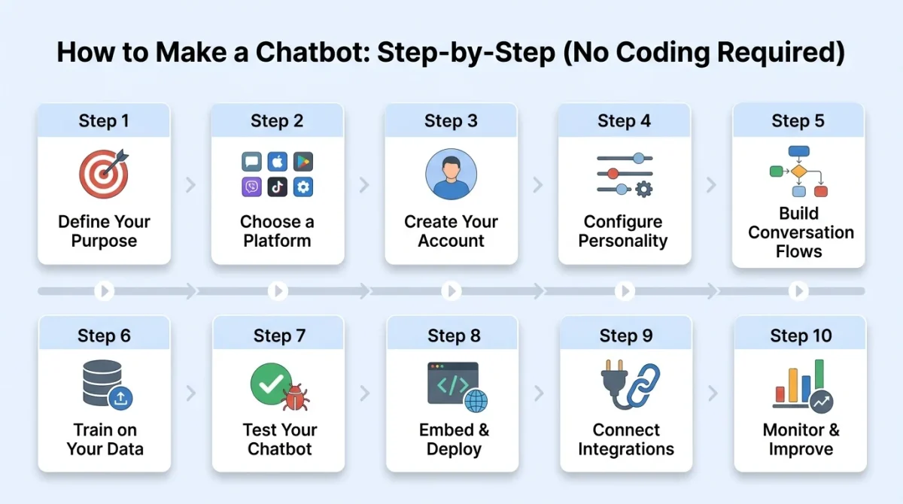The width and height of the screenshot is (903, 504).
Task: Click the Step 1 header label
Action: click(x=104, y=121)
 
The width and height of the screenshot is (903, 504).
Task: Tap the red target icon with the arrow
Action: click(x=103, y=172)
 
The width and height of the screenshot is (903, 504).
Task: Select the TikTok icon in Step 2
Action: click(x=278, y=187)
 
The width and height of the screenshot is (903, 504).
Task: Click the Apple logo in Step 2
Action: click(x=278, y=162)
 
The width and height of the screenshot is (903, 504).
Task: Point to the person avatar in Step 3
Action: click(x=451, y=174)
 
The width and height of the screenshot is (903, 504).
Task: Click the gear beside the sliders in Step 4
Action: click(x=644, y=189)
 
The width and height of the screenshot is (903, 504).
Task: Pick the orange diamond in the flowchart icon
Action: click(x=798, y=172)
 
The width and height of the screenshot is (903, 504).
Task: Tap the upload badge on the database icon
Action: click(x=120, y=399)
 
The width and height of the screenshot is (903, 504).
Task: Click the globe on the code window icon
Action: click(x=476, y=400)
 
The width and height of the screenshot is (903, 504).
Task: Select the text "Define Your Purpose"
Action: click(x=104, y=231)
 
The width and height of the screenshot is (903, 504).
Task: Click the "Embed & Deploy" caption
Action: click(x=454, y=439)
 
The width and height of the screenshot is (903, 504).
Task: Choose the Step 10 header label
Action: click(x=801, y=335)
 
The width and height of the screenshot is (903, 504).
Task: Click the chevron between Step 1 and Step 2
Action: click(x=191, y=185)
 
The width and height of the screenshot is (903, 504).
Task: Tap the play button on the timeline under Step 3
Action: click(x=451, y=290)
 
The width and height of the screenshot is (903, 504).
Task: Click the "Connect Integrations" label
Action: click(x=626, y=439)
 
